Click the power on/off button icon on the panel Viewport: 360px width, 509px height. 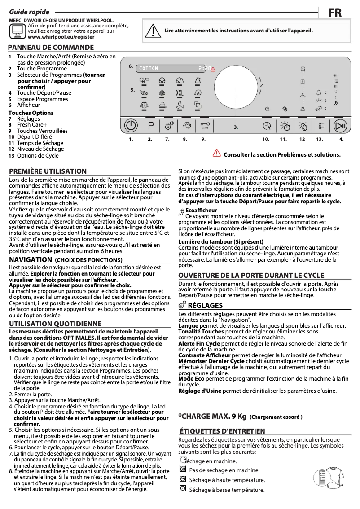click(x=131, y=126)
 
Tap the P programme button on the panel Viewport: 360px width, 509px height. click(x=150, y=126)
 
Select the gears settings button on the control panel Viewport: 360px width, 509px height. click(x=169, y=126)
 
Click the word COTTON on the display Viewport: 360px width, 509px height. click(x=149, y=69)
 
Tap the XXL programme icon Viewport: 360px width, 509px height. click(x=180, y=93)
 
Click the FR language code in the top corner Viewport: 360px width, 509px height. click(x=334, y=13)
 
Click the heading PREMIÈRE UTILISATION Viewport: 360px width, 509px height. click(x=48, y=171)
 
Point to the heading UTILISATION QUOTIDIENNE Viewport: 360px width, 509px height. click(x=55, y=324)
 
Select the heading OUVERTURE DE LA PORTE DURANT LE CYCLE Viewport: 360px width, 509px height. click(x=251, y=275)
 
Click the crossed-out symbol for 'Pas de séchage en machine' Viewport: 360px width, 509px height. click(x=182, y=470)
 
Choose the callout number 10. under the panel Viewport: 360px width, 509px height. click(x=266, y=140)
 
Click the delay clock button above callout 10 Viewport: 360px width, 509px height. click(x=267, y=126)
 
